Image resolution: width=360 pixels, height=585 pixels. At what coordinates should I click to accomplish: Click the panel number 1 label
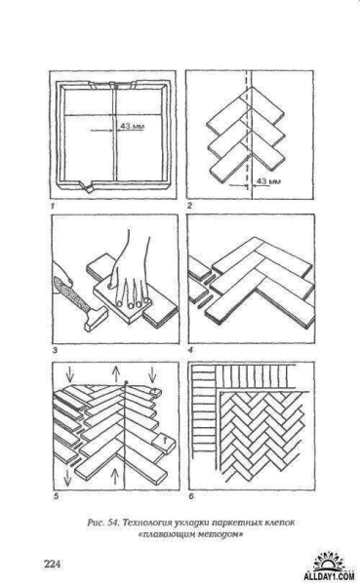pyautogui.click(x=53, y=206)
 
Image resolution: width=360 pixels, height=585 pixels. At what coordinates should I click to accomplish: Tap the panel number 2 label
pyautogui.click(x=190, y=206)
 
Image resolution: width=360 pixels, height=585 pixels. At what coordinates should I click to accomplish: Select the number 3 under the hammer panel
pyautogui.click(x=55, y=350)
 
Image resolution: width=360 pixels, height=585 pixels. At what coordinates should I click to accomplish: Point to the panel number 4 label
pyautogui.click(x=191, y=350)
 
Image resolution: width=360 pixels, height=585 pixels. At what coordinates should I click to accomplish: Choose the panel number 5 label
pyautogui.click(x=57, y=496)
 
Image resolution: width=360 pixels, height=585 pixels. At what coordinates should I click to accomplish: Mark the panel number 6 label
pyautogui.click(x=191, y=496)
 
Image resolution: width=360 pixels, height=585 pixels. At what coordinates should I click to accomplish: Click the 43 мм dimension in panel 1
pyautogui.click(x=132, y=126)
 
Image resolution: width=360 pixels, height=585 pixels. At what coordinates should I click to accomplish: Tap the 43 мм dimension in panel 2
pyautogui.click(x=269, y=181)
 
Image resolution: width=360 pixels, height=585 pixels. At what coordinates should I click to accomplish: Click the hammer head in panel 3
pyautogui.click(x=96, y=320)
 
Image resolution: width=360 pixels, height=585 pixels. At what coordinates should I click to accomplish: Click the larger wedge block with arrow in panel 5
pyautogui.click(x=164, y=444)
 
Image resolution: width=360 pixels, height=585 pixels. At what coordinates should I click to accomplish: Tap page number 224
pyautogui.click(x=53, y=564)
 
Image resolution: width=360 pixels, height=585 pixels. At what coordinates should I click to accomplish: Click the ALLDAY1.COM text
pyautogui.click(x=329, y=576)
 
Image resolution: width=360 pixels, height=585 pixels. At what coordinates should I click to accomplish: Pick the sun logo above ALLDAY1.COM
pyautogui.click(x=330, y=563)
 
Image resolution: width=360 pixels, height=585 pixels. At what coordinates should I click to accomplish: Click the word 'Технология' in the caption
pyautogui.click(x=145, y=523)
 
